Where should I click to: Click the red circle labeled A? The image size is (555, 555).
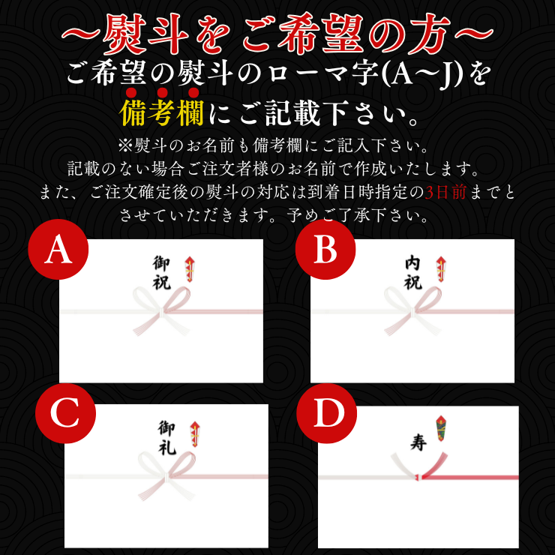coord(58,250)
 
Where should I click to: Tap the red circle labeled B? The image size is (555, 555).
coord(325,250)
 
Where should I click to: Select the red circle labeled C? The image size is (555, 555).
coord(65,413)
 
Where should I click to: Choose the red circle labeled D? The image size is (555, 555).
coord(326,413)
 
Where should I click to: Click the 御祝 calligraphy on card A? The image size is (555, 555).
coord(161,272)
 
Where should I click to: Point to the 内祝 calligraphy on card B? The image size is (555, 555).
coord(413,272)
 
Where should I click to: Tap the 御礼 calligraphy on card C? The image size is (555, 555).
coord(166,437)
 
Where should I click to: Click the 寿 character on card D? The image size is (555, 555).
coord(418,442)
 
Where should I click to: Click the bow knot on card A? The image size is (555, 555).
coord(161,311)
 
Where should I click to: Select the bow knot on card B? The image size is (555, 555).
coord(413,311)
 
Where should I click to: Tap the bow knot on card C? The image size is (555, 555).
coord(166,476)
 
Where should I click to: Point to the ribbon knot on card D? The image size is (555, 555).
coord(419,477)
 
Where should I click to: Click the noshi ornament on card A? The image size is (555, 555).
coord(190,269)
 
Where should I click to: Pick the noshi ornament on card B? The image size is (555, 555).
coord(441,269)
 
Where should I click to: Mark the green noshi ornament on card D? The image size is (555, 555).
coord(441,428)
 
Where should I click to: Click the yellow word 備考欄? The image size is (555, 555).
coord(161,113)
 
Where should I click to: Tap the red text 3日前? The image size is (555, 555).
coord(445,193)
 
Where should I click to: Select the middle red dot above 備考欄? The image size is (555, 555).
coord(162,93)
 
